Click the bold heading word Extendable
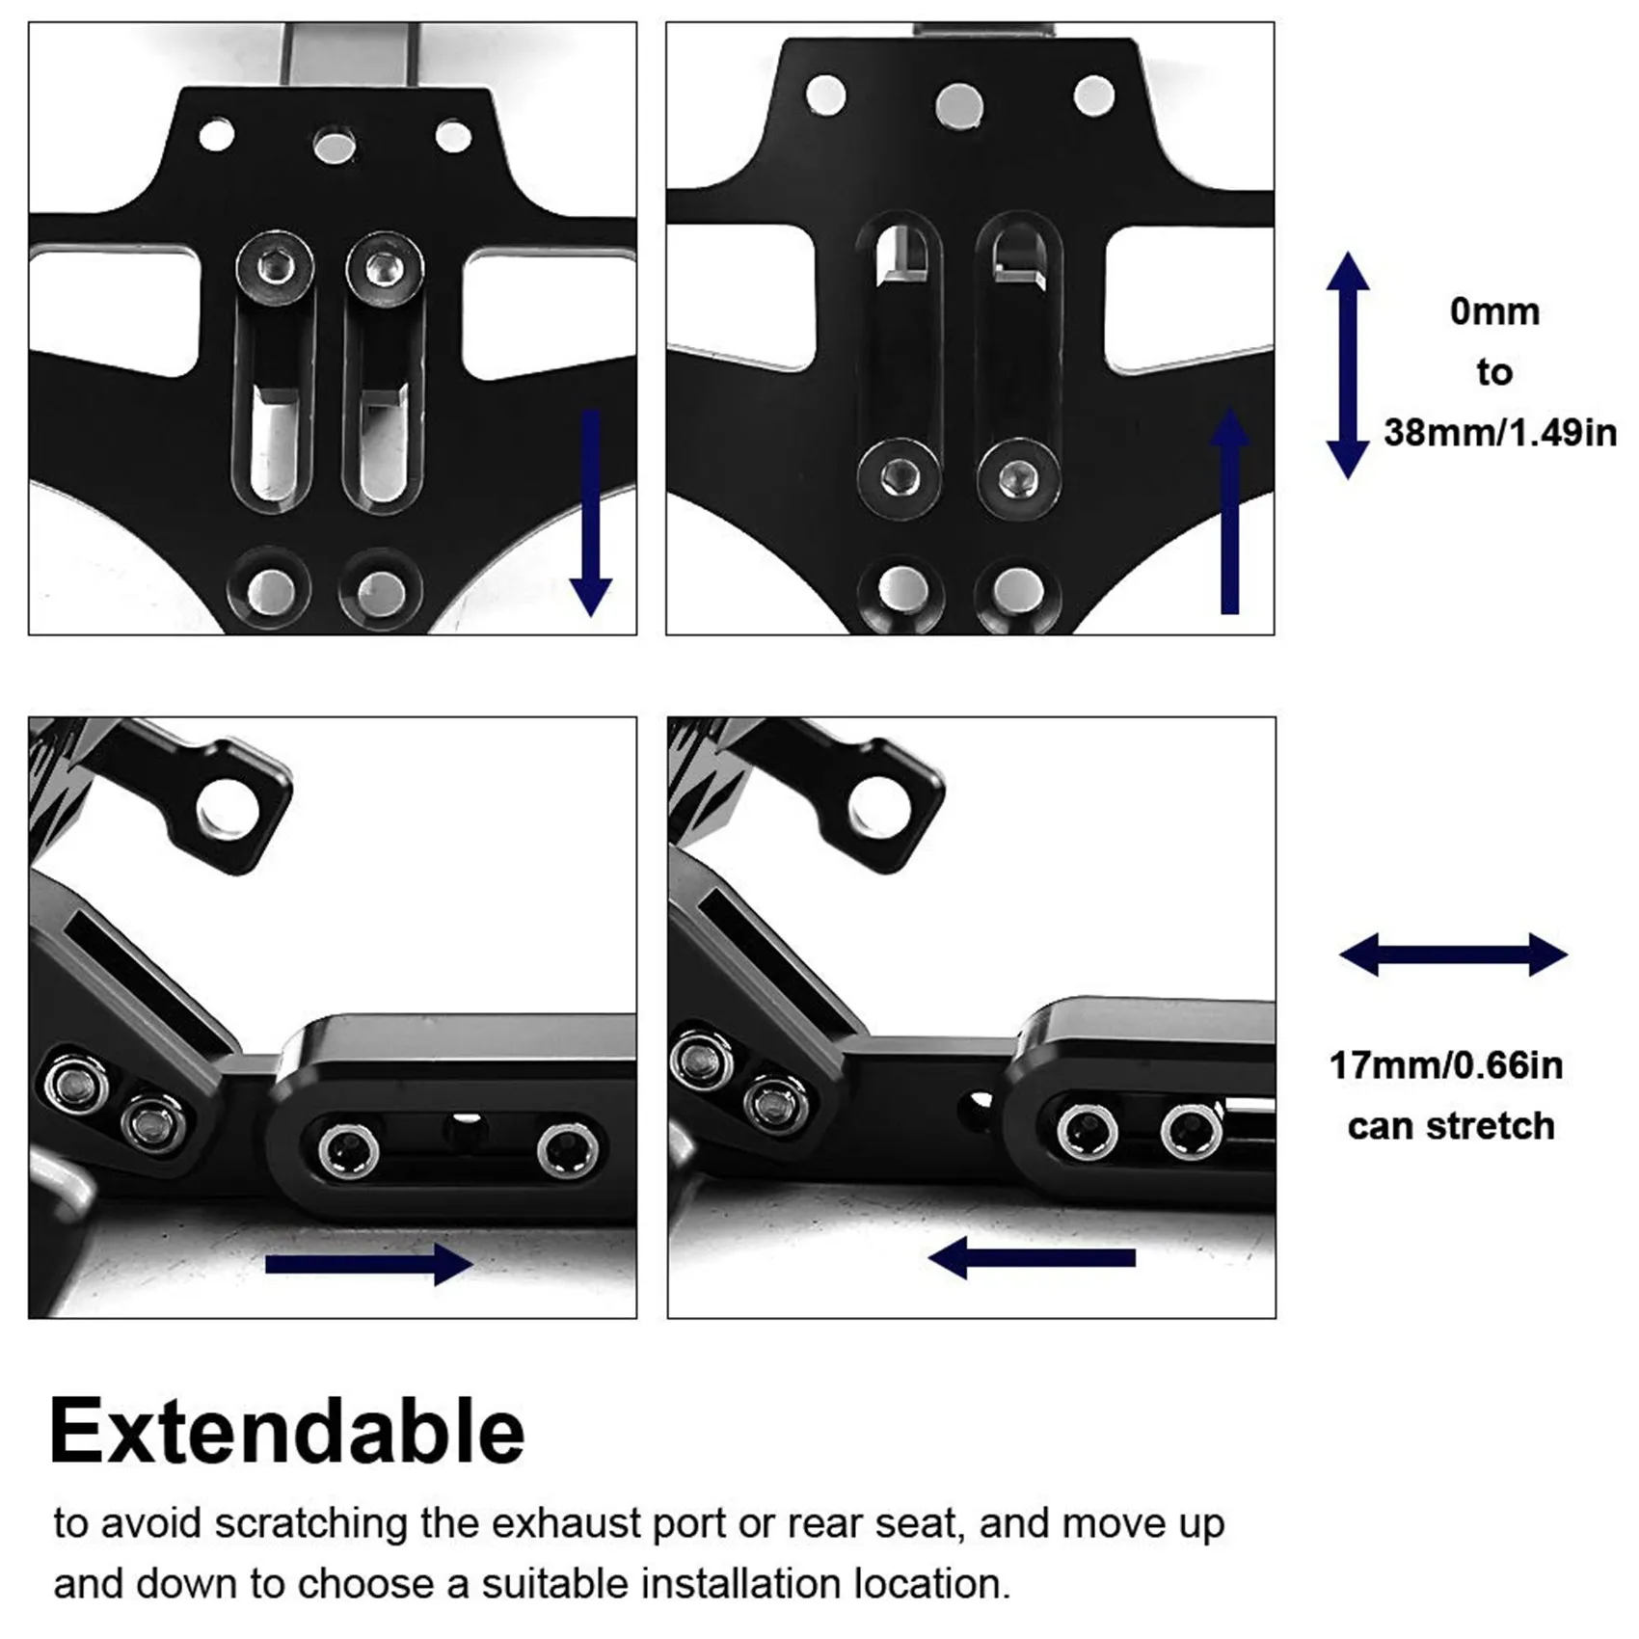(286, 1433)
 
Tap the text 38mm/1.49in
(1499, 433)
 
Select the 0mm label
(1494, 311)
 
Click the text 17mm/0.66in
(1446, 1065)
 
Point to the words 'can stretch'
(1451, 1126)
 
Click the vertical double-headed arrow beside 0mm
(1348, 365)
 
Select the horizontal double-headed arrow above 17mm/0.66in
(1453, 955)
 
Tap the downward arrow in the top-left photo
(590, 512)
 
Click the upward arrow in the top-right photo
(1229, 511)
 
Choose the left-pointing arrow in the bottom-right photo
(1032, 1258)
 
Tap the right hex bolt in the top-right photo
(1018, 476)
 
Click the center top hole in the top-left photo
(335, 147)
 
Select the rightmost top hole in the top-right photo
(1093, 96)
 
